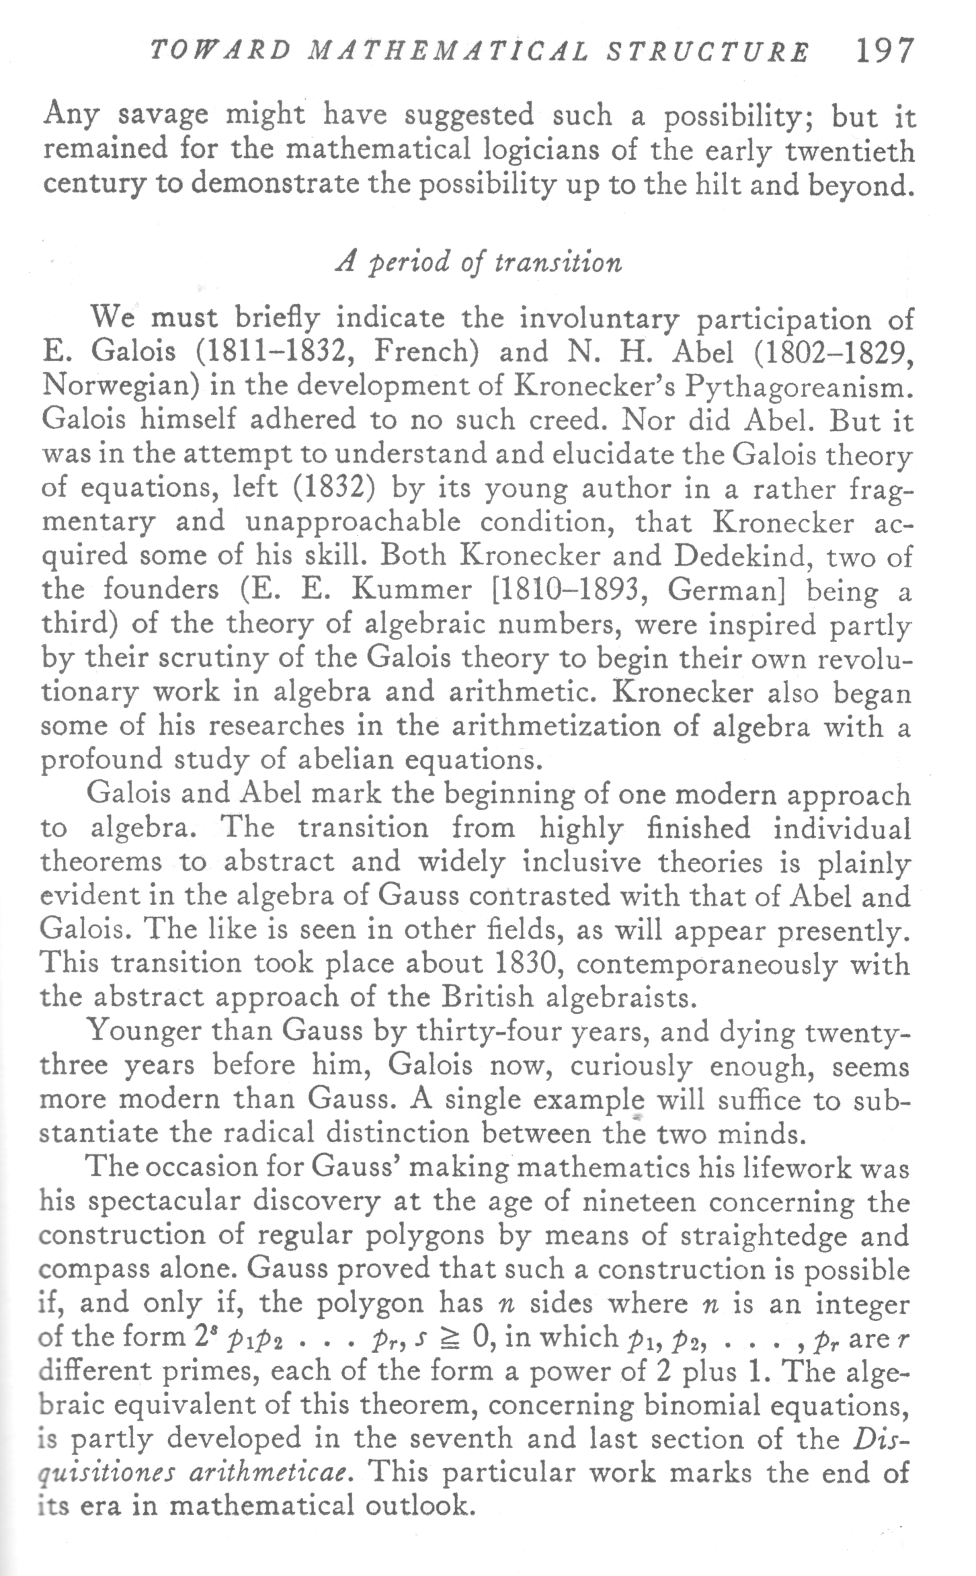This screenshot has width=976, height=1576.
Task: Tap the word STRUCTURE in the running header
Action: pos(707,52)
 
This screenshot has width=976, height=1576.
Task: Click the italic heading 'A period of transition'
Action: pos(478,261)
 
